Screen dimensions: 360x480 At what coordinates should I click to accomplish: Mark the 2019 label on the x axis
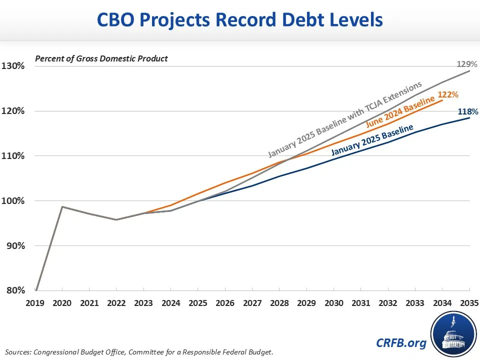pyautogui.click(x=35, y=303)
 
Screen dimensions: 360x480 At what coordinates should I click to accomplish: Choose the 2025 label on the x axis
pyautogui.click(x=198, y=303)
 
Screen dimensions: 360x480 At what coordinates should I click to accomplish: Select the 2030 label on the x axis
pyautogui.click(x=334, y=303)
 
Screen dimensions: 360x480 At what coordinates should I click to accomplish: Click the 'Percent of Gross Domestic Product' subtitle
pyautogui.click(x=101, y=58)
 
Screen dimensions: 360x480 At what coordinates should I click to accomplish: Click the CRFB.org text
pyautogui.click(x=401, y=342)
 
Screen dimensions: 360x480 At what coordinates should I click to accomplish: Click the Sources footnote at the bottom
pyautogui.click(x=140, y=351)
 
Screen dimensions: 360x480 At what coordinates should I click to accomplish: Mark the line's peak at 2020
pyautogui.click(x=62, y=206)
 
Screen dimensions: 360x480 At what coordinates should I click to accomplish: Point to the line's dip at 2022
pyautogui.click(x=116, y=219)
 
